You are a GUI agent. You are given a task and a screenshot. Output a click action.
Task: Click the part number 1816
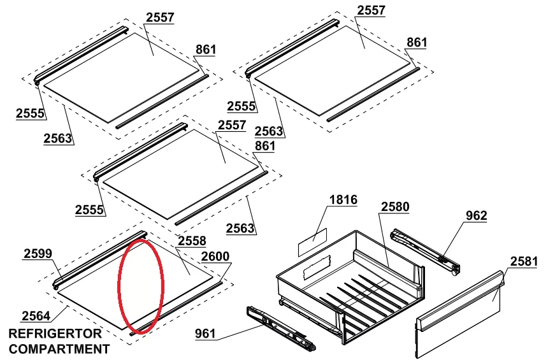[343, 199]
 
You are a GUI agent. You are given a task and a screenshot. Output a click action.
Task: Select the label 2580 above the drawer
[395, 207]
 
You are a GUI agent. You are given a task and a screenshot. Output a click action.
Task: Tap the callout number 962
[476, 215]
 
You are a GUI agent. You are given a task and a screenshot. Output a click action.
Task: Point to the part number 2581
[524, 261]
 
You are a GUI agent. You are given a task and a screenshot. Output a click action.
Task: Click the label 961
[205, 333]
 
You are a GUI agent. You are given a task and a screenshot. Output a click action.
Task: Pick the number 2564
[36, 316]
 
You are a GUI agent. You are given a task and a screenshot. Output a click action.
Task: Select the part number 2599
[38, 254]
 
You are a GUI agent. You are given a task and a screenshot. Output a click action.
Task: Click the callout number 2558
[192, 241]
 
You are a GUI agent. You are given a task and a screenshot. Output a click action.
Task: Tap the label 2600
[215, 256]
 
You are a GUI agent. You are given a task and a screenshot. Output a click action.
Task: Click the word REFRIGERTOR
[55, 333]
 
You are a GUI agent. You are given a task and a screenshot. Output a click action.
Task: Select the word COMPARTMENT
[59, 349]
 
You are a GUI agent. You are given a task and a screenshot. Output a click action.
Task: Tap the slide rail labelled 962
[425, 252]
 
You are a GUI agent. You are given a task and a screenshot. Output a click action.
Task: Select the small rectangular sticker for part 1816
[312, 242]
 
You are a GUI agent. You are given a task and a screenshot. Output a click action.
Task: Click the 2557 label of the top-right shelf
[371, 10]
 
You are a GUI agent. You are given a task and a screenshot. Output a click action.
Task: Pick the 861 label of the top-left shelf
[205, 50]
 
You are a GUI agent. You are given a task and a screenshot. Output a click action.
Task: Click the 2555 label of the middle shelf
[89, 210]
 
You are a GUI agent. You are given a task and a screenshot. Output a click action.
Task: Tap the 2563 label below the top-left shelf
[58, 138]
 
